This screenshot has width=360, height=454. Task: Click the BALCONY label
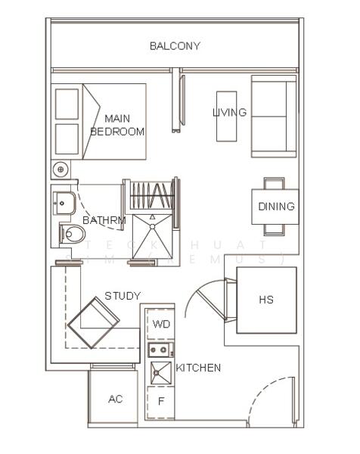click(x=175, y=46)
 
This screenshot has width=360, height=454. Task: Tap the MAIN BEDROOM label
click(x=117, y=125)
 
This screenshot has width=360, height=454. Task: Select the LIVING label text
click(x=229, y=113)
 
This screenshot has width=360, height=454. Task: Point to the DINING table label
click(x=276, y=207)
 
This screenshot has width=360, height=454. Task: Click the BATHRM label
click(x=104, y=221)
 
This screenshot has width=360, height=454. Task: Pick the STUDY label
click(x=123, y=296)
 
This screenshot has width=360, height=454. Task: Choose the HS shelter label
click(x=266, y=300)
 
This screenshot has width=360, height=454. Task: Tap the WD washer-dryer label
click(x=161, y=324)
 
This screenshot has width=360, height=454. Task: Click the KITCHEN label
click(x=198, y=368)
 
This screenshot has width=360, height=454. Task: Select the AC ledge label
click(x=115, y=400)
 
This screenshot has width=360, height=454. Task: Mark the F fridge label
click(x=160, y=401)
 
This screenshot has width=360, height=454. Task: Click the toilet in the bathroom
click(x=73, y=234)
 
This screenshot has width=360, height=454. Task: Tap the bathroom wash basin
click(x=64, y=203)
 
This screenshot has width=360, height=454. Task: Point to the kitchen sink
click(x=160, y=372)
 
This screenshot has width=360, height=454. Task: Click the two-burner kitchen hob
click(x=160, y=349)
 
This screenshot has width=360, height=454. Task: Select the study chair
click(x=94, y=322)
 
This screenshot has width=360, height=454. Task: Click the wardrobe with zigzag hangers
click(x=153, y=196)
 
